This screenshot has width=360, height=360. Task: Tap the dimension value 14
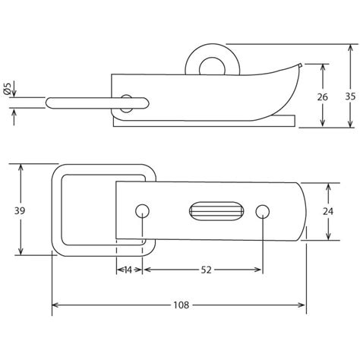click(126, 270)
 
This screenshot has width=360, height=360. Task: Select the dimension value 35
click(349, 96)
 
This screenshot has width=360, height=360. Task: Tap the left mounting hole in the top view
click(141, 210)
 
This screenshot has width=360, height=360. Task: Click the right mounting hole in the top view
click(263, 210)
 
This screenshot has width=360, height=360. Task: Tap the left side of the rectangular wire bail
click(57, 210)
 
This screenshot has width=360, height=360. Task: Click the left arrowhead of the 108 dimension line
click(55, 306)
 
